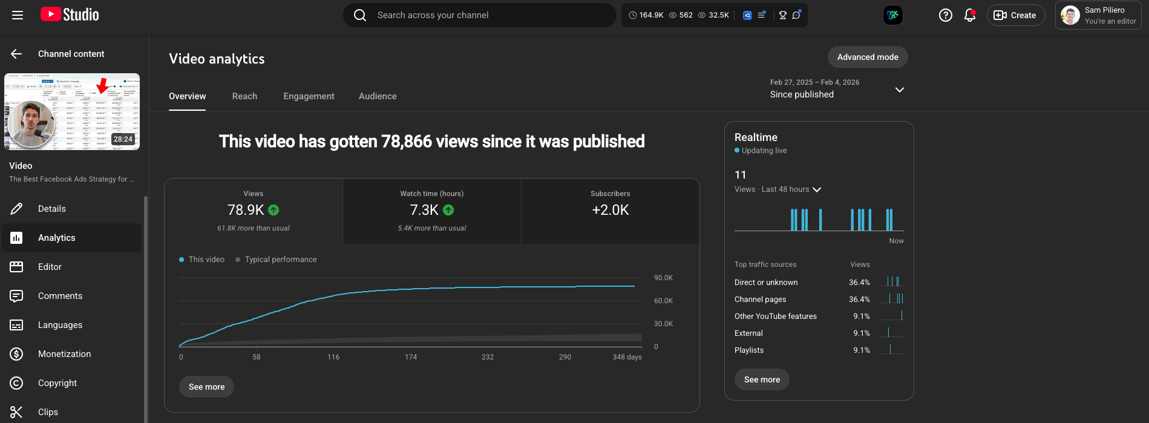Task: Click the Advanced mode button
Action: [867, 57]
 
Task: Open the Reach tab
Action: [244, 96]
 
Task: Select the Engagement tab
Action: [309, 96]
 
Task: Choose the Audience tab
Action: [378, 96]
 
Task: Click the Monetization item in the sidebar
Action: [64, 354]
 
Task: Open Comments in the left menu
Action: [60, 296]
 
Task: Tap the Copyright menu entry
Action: [57, 383]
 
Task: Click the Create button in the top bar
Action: [1015, 15]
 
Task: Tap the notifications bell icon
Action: [969, 15]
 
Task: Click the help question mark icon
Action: [945, 15]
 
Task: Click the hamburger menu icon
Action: [18, 15]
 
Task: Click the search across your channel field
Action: [484, 15]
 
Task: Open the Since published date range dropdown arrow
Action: [899, 90]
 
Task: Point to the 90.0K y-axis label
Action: [663, 278]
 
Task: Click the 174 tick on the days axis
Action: [411, 357]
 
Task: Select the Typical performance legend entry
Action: [280, 260]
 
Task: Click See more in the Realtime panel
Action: [762, 379]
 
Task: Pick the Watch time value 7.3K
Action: [424, 210]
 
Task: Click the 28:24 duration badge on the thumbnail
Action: [123, 139]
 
